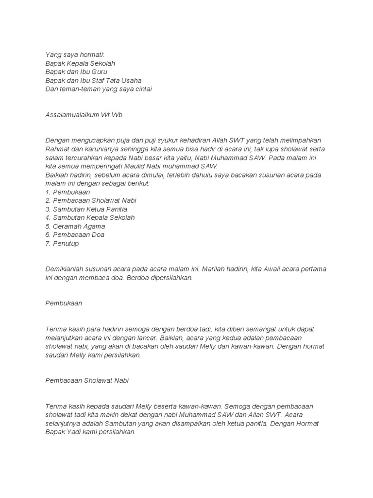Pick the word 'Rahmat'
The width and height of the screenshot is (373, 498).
57,149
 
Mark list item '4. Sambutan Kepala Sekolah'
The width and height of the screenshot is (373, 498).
90,218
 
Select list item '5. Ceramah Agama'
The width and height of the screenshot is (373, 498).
75,226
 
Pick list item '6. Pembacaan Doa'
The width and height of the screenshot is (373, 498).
75,235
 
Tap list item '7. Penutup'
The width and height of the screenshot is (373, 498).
62,243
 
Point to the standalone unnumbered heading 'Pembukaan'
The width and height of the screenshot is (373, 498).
64,303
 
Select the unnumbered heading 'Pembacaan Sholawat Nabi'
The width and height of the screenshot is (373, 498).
86,380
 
